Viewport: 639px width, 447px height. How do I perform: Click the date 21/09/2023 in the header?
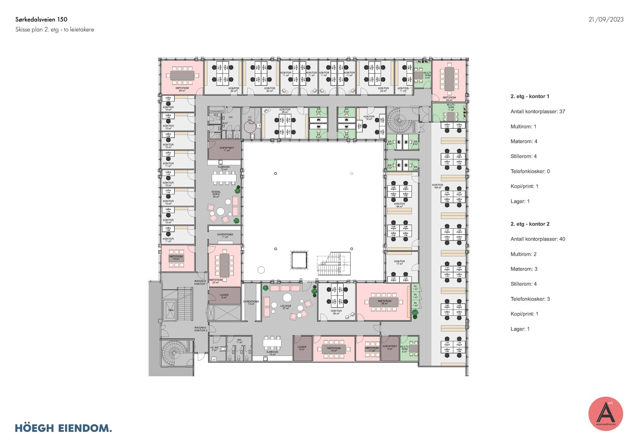pyautogui.click(x=605, y=20)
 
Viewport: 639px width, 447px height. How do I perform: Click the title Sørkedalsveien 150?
pyautogui.click(x=41, y=20)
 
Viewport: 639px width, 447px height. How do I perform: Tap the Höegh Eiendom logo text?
pyautogui.click(x=63, y=428)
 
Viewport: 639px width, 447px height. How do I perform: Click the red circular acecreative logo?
pyautogui.click(x=605, y=414)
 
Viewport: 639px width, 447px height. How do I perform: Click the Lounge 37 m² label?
pyautogui.click(x=286, y=307)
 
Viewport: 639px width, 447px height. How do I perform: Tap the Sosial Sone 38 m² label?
pyautogui.click(x=216, y=194)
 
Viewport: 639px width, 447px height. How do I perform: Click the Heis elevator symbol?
pyautogui.click(x=171, y=310)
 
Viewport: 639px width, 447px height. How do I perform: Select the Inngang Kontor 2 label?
pyautogui.click(x=200, y=329)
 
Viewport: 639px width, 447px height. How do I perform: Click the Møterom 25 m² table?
pyautogui.click(x=182, y=75)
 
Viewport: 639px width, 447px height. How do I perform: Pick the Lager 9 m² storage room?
pyautogui.click(x=224, y=296)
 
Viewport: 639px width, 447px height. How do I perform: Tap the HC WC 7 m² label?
pyautogui.click(x=214, y=348)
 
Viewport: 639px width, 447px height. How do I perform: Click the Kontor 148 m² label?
pyautogui.click(x=437, y=186)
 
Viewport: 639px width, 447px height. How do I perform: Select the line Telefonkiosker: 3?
pyautogui.click(x=530, y=299)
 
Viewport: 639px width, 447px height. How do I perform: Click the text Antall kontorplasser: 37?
pyautogui.click(x=538, y=112)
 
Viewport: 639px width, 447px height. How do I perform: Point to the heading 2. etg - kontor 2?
pyautogui.click(x=530, y=224)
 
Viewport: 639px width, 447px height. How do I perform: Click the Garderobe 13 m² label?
pyautogui.click(x=251, y=303)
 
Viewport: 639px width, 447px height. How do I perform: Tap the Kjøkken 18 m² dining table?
pyautogui.click(x=272, y=342)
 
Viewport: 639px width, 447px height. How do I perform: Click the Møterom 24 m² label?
pyautogui.click(x=449, y=99)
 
